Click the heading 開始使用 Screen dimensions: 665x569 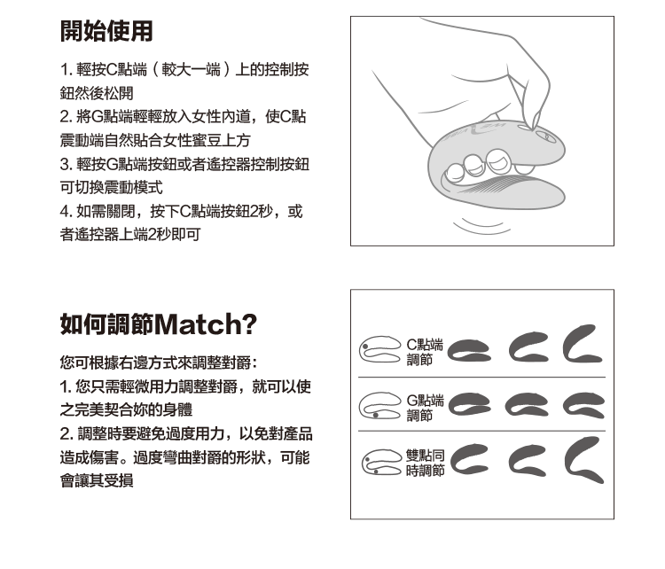click(106, 31)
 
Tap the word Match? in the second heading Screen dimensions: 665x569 click(206, 324)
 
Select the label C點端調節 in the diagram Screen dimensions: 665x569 click(424, 353)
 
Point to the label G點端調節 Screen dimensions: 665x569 click(425, 408)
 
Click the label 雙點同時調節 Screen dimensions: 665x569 click(425, 463)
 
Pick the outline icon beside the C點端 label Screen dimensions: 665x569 click(380, 350)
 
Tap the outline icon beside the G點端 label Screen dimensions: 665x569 click(380, 406)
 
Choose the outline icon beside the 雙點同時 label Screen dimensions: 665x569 click(381, 462)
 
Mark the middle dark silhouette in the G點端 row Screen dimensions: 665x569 click(526, 404)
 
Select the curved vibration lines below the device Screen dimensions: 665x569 click(482, 226)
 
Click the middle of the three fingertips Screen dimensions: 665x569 click(474, 165)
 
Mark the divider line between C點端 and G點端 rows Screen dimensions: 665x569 click(481, 377)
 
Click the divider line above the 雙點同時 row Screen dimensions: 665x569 click(481, 432)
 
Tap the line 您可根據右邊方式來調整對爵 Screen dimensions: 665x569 click(159, 363)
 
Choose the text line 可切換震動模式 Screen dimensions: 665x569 click(111, 187)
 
